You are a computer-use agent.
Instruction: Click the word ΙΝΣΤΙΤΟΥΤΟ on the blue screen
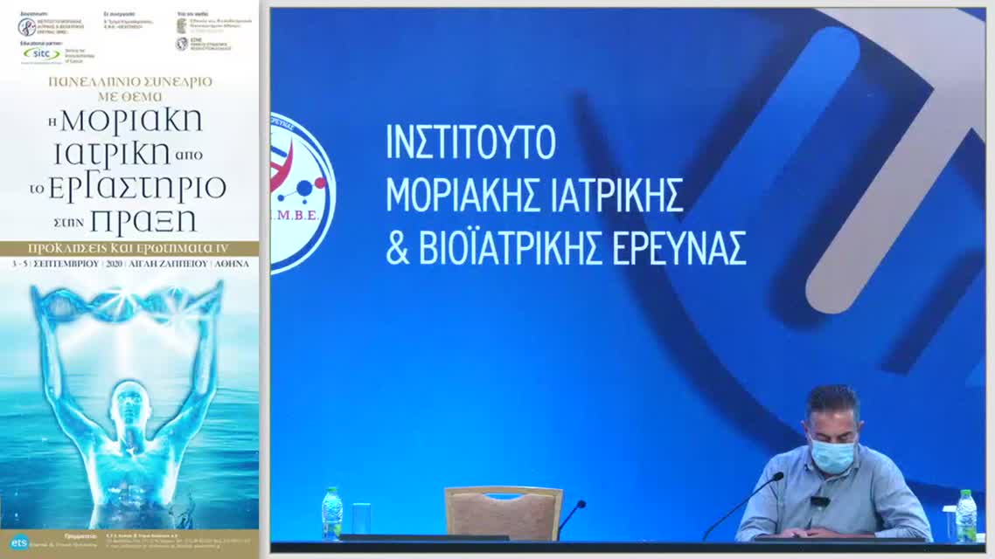tap(470, 142)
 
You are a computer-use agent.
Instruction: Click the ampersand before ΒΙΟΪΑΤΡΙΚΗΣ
tap(397, 249)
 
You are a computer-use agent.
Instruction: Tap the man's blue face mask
tap(833, 455)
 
